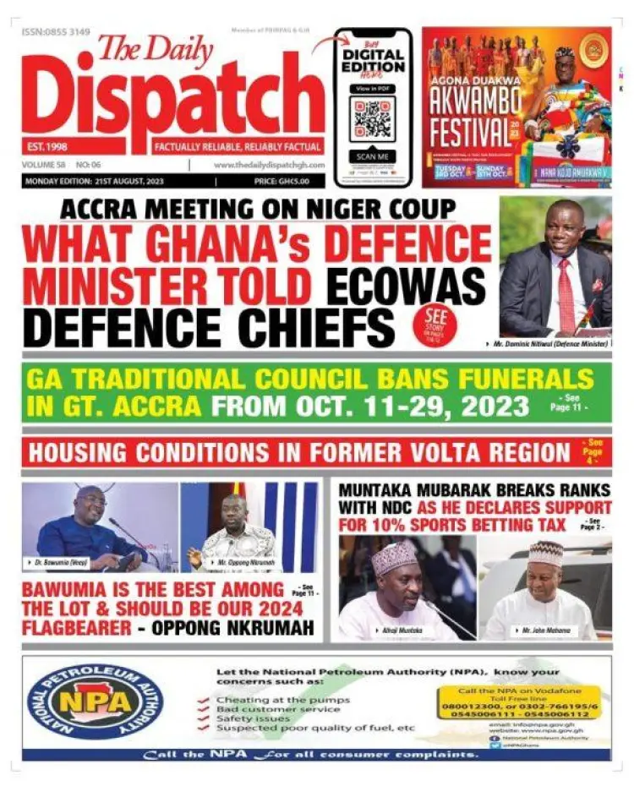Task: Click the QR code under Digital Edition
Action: (x=372, y=118)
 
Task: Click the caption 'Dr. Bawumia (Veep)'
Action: (x=57, y=562)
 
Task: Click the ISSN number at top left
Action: (x=56, y=32)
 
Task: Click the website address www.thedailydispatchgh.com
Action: (x=268, y=166)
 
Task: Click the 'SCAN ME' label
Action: (x=372, y=156)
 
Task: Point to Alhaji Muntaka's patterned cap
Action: (x=394, y=559)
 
